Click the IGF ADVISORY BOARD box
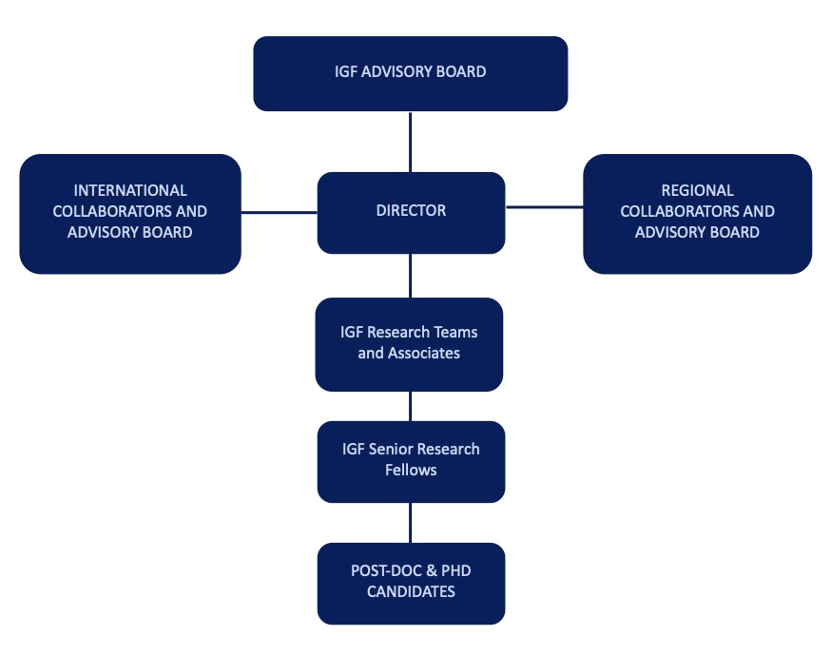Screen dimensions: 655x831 pos(410,73)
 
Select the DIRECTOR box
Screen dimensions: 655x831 pos(411,212)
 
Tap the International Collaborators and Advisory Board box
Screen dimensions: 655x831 pos(129,213)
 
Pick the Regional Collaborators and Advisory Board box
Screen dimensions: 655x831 pos(697,213)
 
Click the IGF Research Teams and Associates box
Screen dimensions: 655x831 pos(409,344)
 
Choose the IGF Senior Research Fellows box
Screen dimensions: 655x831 pos(411,461)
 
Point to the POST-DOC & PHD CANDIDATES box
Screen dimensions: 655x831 pos(411,583)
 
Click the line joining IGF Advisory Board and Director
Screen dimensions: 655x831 pos(410,142)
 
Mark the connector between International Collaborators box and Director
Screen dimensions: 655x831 pos(279,213)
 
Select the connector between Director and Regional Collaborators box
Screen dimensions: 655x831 pos(544,206)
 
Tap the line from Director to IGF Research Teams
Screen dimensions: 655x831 pos(411,276)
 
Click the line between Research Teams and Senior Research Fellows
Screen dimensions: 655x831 pos(411,406)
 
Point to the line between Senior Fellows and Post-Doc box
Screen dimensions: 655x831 pos(411,522)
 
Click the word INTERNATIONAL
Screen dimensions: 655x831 pos(130,191)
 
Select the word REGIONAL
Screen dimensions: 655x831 pos(697,191)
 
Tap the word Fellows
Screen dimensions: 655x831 pos(411,470)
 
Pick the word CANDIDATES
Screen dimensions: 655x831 pos(411,592)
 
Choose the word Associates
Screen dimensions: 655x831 pos(422,354)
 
